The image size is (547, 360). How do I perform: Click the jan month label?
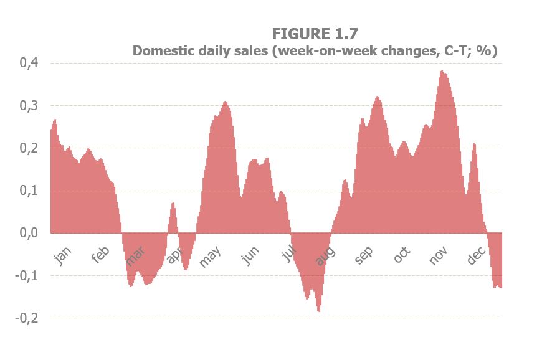[x=63, y=255]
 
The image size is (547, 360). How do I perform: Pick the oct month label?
[x=402, y=255]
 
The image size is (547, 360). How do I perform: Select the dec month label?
[x=476, y=255]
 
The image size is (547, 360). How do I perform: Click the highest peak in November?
[x=441, y=71]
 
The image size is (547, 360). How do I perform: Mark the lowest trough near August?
[x=319, y=310]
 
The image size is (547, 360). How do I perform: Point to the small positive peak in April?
[x=173, y=204]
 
